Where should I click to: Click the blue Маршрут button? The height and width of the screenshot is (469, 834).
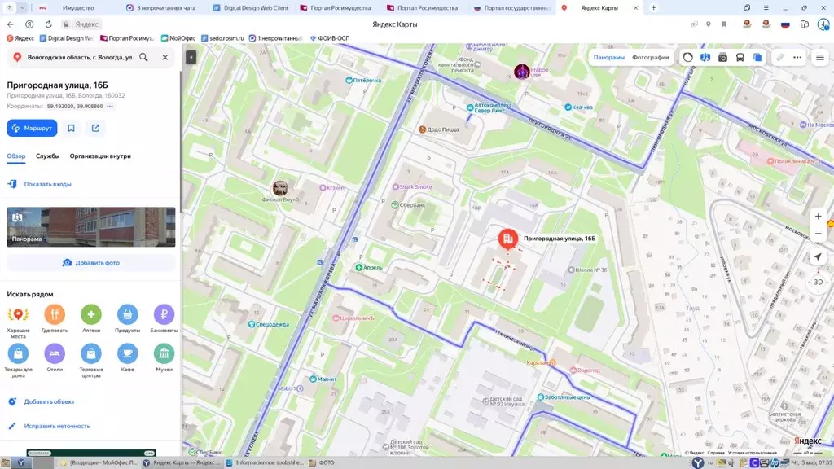(x=32, y=128)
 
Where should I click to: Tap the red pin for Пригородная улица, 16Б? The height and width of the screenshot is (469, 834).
(x=508, y=238)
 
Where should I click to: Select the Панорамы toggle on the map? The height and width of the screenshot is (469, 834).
(x=608, y=58)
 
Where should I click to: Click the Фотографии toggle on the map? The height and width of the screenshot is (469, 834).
(x=650, y=58)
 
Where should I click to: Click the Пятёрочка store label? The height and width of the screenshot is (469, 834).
(x=367, y=81)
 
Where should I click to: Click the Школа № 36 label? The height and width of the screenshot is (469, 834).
(x=591, y=270)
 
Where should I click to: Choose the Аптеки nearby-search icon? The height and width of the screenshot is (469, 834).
(x=91, y=314)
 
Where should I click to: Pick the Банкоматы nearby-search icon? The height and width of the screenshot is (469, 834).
(x=164, y=314)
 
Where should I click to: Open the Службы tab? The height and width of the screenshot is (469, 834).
(x=47, y=156)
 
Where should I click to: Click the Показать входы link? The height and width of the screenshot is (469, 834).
(x=47, y=184)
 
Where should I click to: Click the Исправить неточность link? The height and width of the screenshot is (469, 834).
(x=56, y=426)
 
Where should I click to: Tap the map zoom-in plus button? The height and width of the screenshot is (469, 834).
(x=818, y=217)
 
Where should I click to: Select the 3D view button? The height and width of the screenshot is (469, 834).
(x=818, y=282)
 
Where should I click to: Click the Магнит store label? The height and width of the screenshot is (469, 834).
(x=326, y=379)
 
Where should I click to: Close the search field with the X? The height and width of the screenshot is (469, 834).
(x=165, y=58)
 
